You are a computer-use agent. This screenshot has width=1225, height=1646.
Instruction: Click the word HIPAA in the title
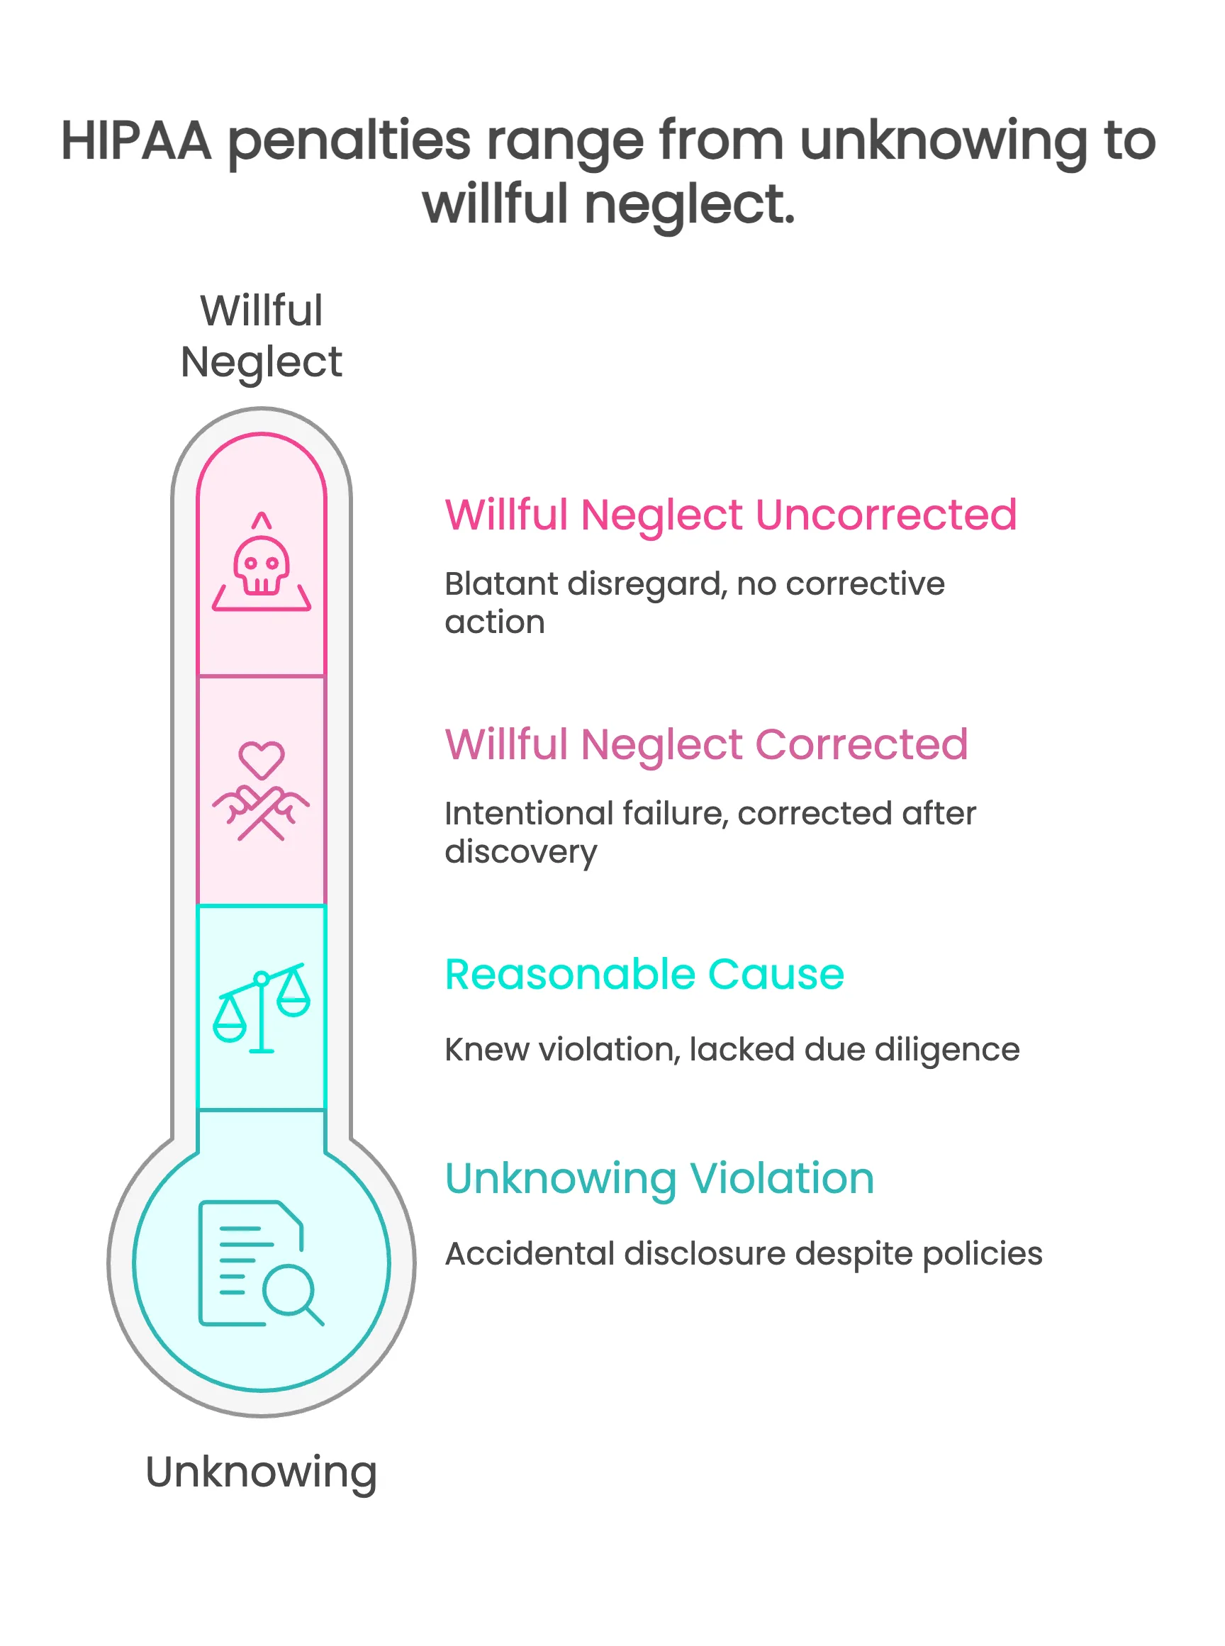(x=136, y=141)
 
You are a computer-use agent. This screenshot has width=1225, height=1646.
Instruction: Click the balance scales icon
(x=261, y=1007)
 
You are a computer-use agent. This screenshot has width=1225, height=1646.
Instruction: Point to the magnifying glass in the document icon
(x=290, y=1291)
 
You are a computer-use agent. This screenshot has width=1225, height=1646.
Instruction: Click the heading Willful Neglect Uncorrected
(x=730, y=515)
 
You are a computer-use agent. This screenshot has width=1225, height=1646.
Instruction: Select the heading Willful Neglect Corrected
(x=706, y=744)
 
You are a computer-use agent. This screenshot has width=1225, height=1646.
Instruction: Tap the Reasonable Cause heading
(x=644, y=974)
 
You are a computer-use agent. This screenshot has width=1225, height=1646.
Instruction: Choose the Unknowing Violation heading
(x=659, y=1179)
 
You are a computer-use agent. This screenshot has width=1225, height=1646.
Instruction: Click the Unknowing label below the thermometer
(x=261, y=1472)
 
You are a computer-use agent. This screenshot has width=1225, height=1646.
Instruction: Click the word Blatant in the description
(x=500, y=584)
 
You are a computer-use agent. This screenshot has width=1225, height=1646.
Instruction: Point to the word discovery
(x=520, y=853)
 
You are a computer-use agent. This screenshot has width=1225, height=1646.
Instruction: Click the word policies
(x=982, y=1254)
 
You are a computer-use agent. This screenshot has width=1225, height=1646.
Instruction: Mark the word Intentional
(x=529, y=814)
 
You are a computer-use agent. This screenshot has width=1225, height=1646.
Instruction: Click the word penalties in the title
(x=349, y=142)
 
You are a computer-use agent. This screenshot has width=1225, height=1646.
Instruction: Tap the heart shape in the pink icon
(x=261, y=759)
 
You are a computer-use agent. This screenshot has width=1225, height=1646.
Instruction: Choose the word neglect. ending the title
(x=690, y=205)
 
